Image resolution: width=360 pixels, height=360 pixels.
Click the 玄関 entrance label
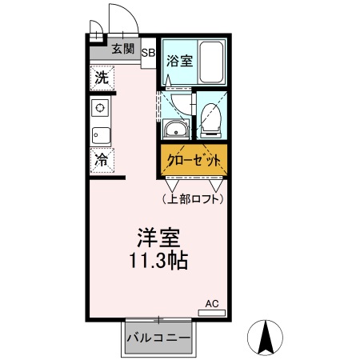coord(122,49)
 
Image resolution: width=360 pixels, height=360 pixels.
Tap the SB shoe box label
coord(148,54)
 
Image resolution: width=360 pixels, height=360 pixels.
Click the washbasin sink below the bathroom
coord(174,130)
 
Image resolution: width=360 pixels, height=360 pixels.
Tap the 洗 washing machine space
coord(101,78)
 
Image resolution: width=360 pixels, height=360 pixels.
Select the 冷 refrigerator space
coord(101,160)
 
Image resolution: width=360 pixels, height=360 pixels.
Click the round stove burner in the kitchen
coord(101,108)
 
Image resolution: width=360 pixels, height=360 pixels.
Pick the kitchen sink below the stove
coord(101,134)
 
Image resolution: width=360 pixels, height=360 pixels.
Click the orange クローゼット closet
coord(193,160)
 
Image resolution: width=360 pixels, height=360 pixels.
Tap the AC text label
coord(211,303)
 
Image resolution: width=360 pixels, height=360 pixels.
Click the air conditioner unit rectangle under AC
coord(211,313)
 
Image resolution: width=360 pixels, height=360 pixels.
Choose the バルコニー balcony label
coord(158,338)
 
